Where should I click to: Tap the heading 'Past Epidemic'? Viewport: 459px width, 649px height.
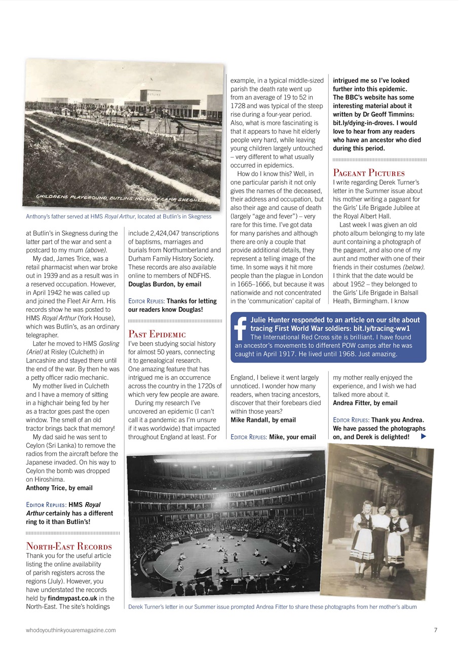click(x=157, y=334)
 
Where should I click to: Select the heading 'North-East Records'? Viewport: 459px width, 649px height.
click(x=69, y=546)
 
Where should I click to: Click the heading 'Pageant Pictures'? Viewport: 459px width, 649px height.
click(x=369, y=173)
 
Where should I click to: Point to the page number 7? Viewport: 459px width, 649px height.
click(x=436, y=630)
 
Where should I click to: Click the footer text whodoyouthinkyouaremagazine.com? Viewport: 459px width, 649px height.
click(x=71, y=630)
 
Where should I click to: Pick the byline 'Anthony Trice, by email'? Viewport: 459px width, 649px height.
click(x=59, y=488)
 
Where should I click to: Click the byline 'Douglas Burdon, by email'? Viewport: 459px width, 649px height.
click(x=165, y=284)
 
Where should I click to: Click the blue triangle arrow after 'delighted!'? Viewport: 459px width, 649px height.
click(x=424, y=437)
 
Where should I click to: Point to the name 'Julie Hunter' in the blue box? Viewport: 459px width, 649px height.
click(x=274, y=320)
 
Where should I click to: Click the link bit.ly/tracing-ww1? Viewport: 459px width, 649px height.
click(x=381, y=329)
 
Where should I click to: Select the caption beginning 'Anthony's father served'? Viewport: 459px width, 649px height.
click(x=119, y=217)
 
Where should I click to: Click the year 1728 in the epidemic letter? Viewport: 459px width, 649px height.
click(x=238, y=106)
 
